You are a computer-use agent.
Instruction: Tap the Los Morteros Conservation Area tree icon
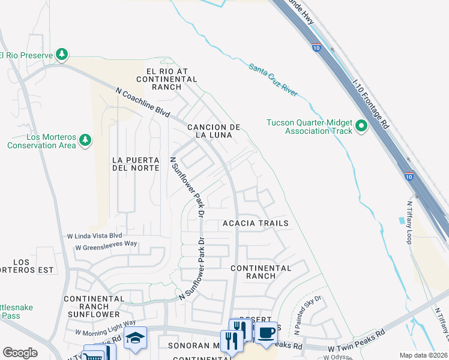tap(86, 140)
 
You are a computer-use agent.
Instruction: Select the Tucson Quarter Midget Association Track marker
tap(361, 126)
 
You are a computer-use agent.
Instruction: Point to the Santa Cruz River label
tap(273, 81)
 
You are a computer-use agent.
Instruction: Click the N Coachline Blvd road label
tap(143, 102)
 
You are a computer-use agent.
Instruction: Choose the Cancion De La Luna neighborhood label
tap(214, 131)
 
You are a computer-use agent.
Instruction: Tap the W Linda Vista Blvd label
tap(94, 235)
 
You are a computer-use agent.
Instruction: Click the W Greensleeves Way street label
tap(106, 246)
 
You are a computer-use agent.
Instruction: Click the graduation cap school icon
tap(135, 338)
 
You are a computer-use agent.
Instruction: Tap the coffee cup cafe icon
tap(266, 333)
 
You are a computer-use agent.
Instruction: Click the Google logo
tap(20, 353)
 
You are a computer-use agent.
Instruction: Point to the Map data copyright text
tap(424, 355)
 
